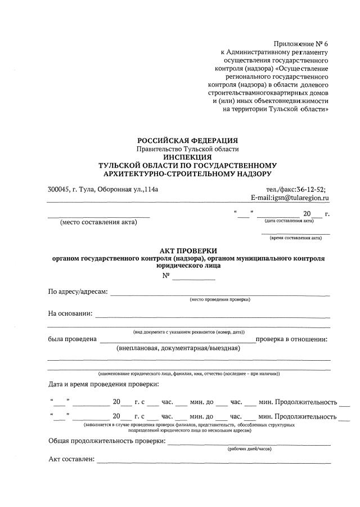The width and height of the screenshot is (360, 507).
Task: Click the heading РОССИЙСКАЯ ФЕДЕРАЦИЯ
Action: click(x=188, y=140)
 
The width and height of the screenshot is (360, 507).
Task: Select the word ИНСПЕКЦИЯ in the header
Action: click(x=188, y=157)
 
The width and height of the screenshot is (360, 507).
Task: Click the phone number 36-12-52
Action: click(x=310, y=190)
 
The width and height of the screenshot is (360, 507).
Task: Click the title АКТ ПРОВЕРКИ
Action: click(x=188, y=250)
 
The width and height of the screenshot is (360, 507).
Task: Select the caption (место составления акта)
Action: click(x=98, y=222)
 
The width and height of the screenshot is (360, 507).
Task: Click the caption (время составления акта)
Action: click(x=296, y=238)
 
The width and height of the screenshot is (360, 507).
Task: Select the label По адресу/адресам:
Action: click(x=78, y=291)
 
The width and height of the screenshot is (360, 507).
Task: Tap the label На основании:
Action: click(x=70, y=313)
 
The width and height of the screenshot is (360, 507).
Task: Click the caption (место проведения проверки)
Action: click(x=220, y=299)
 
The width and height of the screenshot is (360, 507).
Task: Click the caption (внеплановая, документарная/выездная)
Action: click(x=178, y=348)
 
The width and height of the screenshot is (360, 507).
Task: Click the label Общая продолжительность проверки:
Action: click(x=107, y=441)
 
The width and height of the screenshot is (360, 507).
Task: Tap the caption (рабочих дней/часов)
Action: click(x=250, y=448)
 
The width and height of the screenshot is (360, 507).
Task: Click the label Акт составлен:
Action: click(x=71, y=460)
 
